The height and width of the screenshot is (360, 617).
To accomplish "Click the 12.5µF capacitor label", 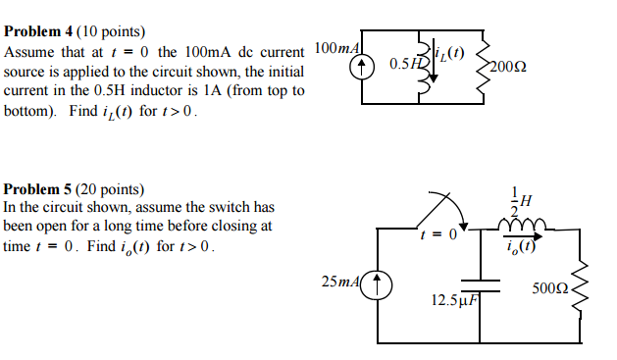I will (x=454, y=299).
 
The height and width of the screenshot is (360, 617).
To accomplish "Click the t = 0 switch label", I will (x=437, y=235).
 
